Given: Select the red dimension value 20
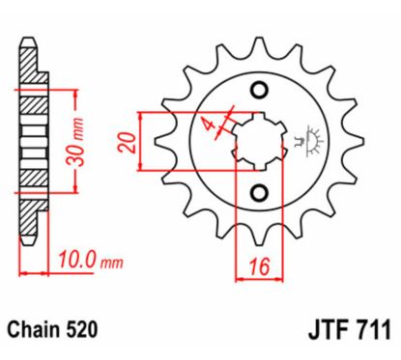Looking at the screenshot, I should click(127, 142).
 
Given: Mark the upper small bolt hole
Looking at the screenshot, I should click(258, 91).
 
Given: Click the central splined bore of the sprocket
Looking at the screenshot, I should click(258, 141).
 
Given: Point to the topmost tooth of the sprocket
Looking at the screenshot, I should click(258, 43).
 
